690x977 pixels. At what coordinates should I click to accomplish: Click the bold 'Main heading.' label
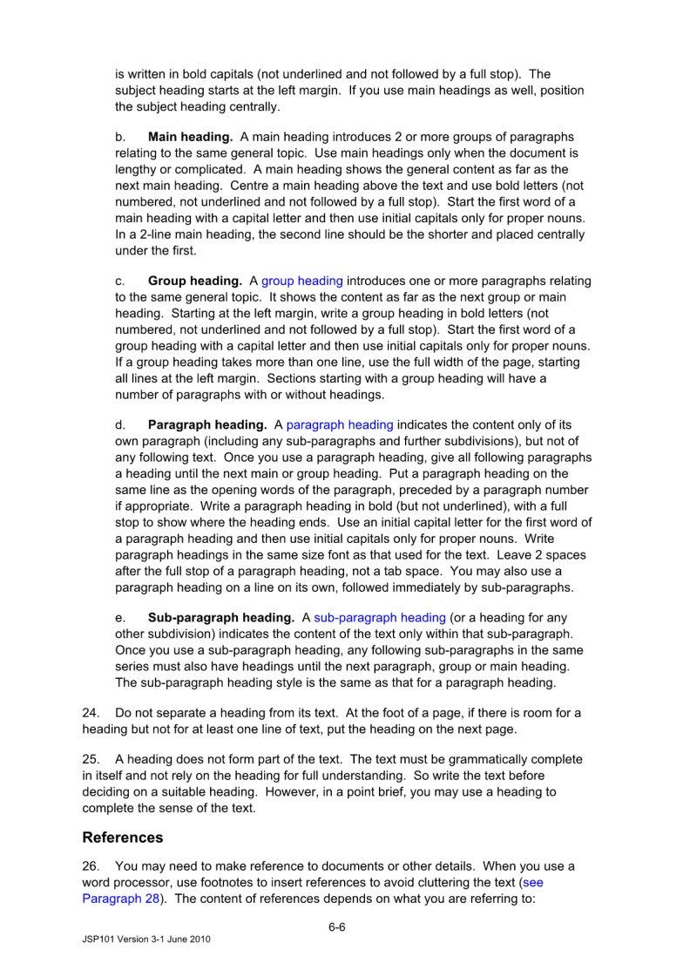pos(190,137)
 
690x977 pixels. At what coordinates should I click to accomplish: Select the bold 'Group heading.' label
pos(194,281)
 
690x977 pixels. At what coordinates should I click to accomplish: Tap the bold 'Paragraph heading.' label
pos(207,424)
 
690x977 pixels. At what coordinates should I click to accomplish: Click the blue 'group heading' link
pos(302,281)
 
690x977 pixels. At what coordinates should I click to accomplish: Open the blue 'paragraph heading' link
pos(340,424)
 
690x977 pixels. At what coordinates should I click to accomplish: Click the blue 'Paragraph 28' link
pos(121,899)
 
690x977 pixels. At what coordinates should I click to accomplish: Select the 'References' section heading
pos(123,838)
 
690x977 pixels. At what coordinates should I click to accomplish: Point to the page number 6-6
pos(337,926)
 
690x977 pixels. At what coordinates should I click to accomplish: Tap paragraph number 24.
pos(91,713)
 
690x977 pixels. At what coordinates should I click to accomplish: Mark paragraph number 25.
pos(91,759)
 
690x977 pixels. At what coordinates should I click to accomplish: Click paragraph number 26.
pos(91,866)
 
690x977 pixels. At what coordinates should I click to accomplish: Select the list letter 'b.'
pos(120,137)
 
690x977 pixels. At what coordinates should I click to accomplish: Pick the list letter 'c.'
pos(120,281)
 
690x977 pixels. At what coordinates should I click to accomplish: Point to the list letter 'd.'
pos(120,424)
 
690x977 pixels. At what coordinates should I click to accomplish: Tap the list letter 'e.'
pos(120,617)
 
